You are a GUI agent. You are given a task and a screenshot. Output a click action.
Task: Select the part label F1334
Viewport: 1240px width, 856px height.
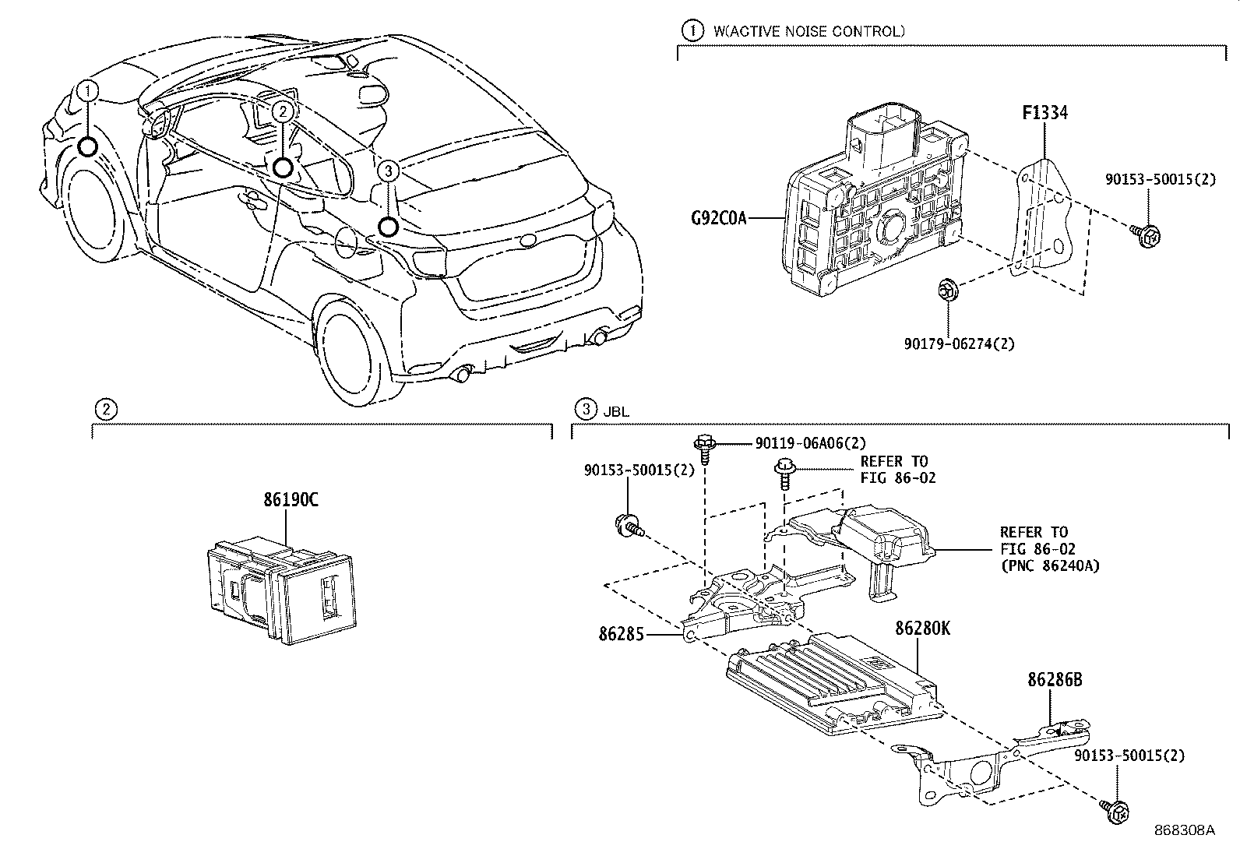[1044, 113]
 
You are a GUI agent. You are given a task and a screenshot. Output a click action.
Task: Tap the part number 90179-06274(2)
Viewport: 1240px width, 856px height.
[959, 343]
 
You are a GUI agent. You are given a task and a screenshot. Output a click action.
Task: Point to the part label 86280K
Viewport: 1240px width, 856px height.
[922, 628]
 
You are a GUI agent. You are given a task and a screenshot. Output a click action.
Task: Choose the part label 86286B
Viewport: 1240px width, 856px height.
[1055, 679]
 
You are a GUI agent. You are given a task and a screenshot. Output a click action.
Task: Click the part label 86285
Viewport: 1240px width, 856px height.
[622, 634]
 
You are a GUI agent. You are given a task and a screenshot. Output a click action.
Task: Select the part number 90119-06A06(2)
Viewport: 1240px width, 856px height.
[810, 442]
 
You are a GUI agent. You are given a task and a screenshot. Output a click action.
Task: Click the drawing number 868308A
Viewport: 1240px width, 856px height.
[1184, 830]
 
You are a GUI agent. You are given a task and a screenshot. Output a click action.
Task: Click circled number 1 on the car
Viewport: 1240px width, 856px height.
[89, 91]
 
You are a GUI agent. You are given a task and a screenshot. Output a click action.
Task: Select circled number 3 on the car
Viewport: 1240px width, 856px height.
[389, 171]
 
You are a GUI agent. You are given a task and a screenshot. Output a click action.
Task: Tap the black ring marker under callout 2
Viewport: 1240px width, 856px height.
[283, 167]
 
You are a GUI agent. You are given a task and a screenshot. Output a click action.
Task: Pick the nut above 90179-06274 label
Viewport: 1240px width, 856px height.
[946, 290]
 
